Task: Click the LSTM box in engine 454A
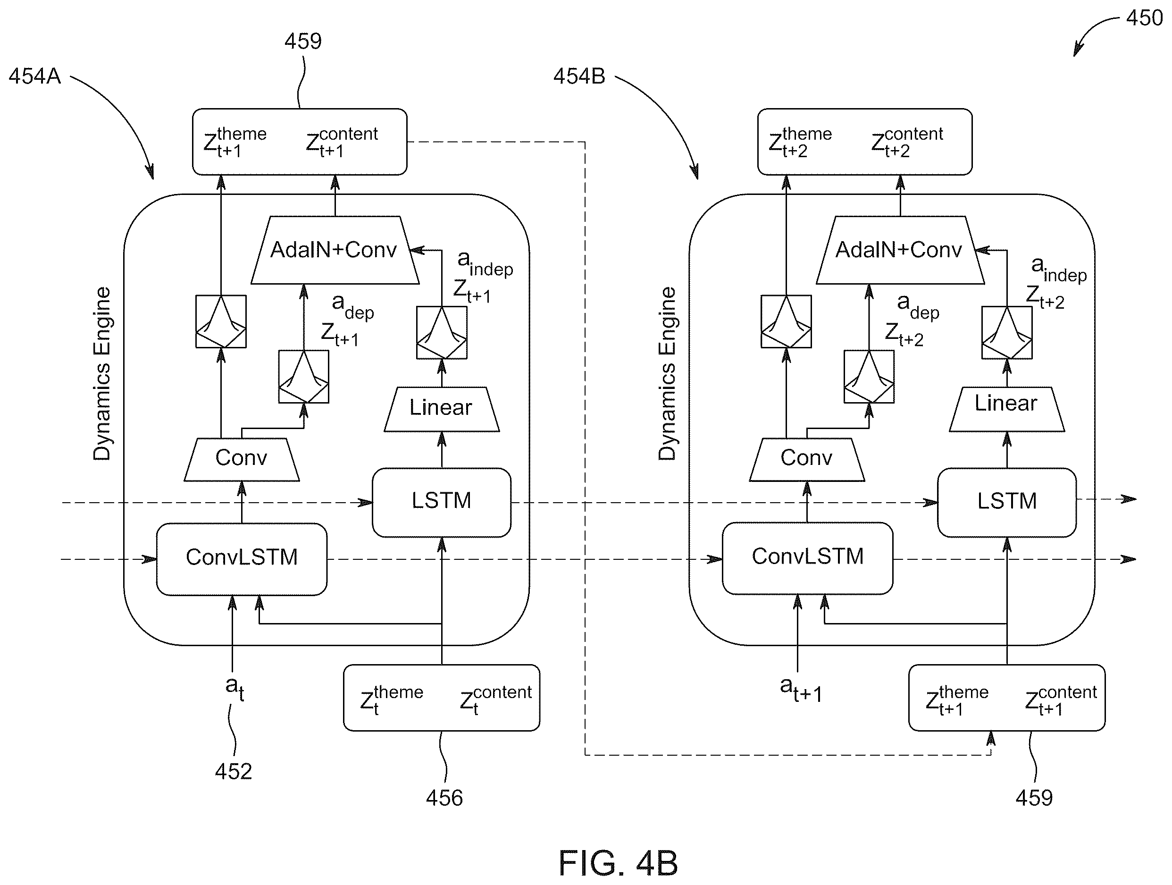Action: (x=441, y=502)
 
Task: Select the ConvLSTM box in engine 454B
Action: (x=807, y=558)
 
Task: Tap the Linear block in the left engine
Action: (x=441, y=409)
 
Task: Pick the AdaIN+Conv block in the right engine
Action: (x=900, y=250)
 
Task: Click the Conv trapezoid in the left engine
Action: (x=242, y=459)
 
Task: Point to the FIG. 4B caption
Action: (x=618, y=863)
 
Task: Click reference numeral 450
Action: (x=1145, y=18)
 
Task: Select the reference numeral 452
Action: (x=233, y=771)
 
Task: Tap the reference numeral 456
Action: (x=444, y=798)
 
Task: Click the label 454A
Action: (x=35, y=76)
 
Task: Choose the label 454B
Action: (x=579, y=76)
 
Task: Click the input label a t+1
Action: (x=801, y=690)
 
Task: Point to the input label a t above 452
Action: (x=234, y=688)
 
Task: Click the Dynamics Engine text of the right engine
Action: (x=667, y=374)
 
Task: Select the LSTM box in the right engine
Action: (x=1007, y=502)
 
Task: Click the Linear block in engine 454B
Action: (x=1007, y=409)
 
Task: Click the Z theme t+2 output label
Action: (x=800, y=142)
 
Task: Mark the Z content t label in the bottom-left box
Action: (x=496, y=700)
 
